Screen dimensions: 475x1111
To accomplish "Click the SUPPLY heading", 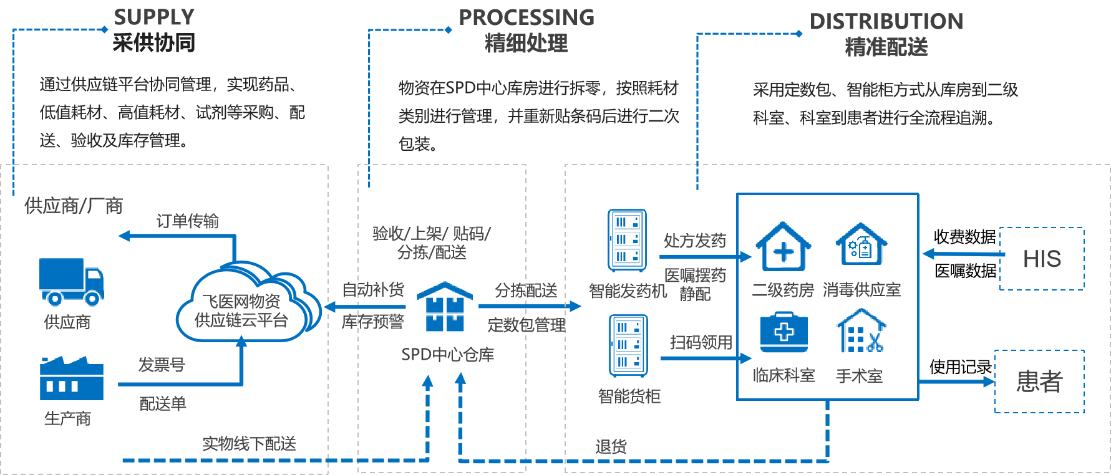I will click(x=154, y=17).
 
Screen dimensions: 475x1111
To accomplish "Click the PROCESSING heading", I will click(x=526, y=17).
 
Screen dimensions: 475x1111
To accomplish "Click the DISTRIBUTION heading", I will click(x=886, y=22).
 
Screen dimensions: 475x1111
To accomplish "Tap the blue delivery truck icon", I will click(x=71, y=281).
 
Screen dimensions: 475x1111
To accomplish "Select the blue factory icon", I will click(x=71, y=378).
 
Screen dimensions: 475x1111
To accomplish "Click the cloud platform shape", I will click(x=243, y=305).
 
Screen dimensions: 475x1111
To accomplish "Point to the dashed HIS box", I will click(x=1041, y=259).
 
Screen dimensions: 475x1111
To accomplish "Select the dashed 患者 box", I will click(x=1039, y=381).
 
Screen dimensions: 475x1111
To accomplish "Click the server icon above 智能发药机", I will click(x=627, y=240).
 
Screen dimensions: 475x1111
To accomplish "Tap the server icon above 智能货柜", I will click(x=628, y=345).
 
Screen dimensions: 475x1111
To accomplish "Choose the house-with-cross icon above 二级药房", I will click(x=784, y=247).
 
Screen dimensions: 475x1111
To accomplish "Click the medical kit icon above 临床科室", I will click(x=784, y=333).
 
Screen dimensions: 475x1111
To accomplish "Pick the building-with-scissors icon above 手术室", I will click(x=861, y=332).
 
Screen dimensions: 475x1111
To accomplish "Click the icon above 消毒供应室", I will click(x=861, y=245).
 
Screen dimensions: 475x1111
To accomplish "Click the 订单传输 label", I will click(x=187, y=221).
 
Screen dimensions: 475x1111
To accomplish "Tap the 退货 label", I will click(x=611, y=446).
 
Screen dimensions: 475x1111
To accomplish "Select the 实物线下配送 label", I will click(x=249, y=444).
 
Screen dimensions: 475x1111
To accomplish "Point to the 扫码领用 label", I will click(x=701, y=342).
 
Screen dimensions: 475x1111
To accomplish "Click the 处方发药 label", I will click(x=694, y=241).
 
